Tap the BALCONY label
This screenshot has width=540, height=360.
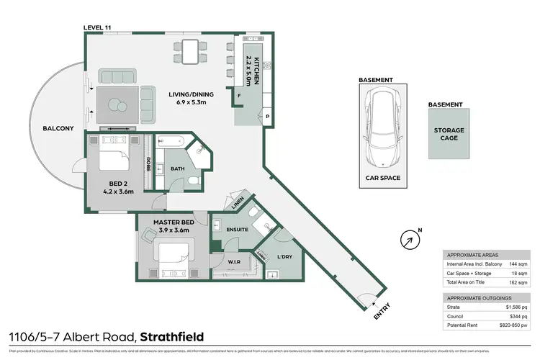tap(58, 128)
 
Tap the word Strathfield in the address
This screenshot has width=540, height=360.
tap(172, 336)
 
